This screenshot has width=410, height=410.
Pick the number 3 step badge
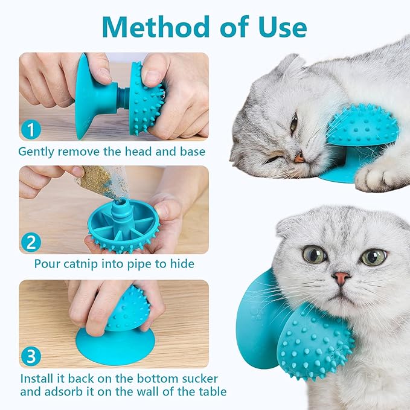pos(32,354)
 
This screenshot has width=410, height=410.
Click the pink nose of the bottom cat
pos(341,278)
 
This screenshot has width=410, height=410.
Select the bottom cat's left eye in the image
pos(314,254)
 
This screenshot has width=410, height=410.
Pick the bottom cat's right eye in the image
pos(373,257)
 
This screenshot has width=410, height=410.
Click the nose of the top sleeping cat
pos(299,158)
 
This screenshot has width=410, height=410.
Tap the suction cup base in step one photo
pos(88,97)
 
